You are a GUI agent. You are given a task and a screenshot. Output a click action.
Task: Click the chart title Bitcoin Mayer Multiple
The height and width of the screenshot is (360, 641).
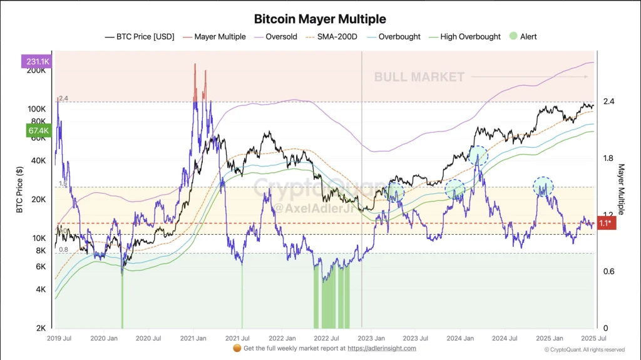(320, 19)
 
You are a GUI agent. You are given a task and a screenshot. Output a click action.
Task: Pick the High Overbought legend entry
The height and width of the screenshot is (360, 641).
(470, 36)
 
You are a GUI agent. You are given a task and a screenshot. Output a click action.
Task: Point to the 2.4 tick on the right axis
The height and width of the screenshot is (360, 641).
(608, 101)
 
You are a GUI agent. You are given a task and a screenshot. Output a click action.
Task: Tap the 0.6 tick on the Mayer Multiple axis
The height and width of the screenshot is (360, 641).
(608, 271)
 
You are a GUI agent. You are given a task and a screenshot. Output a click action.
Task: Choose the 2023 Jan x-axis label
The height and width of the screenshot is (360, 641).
(370, 338)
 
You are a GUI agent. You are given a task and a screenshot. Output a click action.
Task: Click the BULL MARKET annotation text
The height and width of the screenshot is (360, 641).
(419, 77)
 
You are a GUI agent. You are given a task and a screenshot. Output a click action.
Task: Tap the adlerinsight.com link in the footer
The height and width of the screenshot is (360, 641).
(382, 348)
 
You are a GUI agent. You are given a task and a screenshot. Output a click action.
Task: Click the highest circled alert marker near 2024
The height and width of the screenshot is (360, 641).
(478, 154)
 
